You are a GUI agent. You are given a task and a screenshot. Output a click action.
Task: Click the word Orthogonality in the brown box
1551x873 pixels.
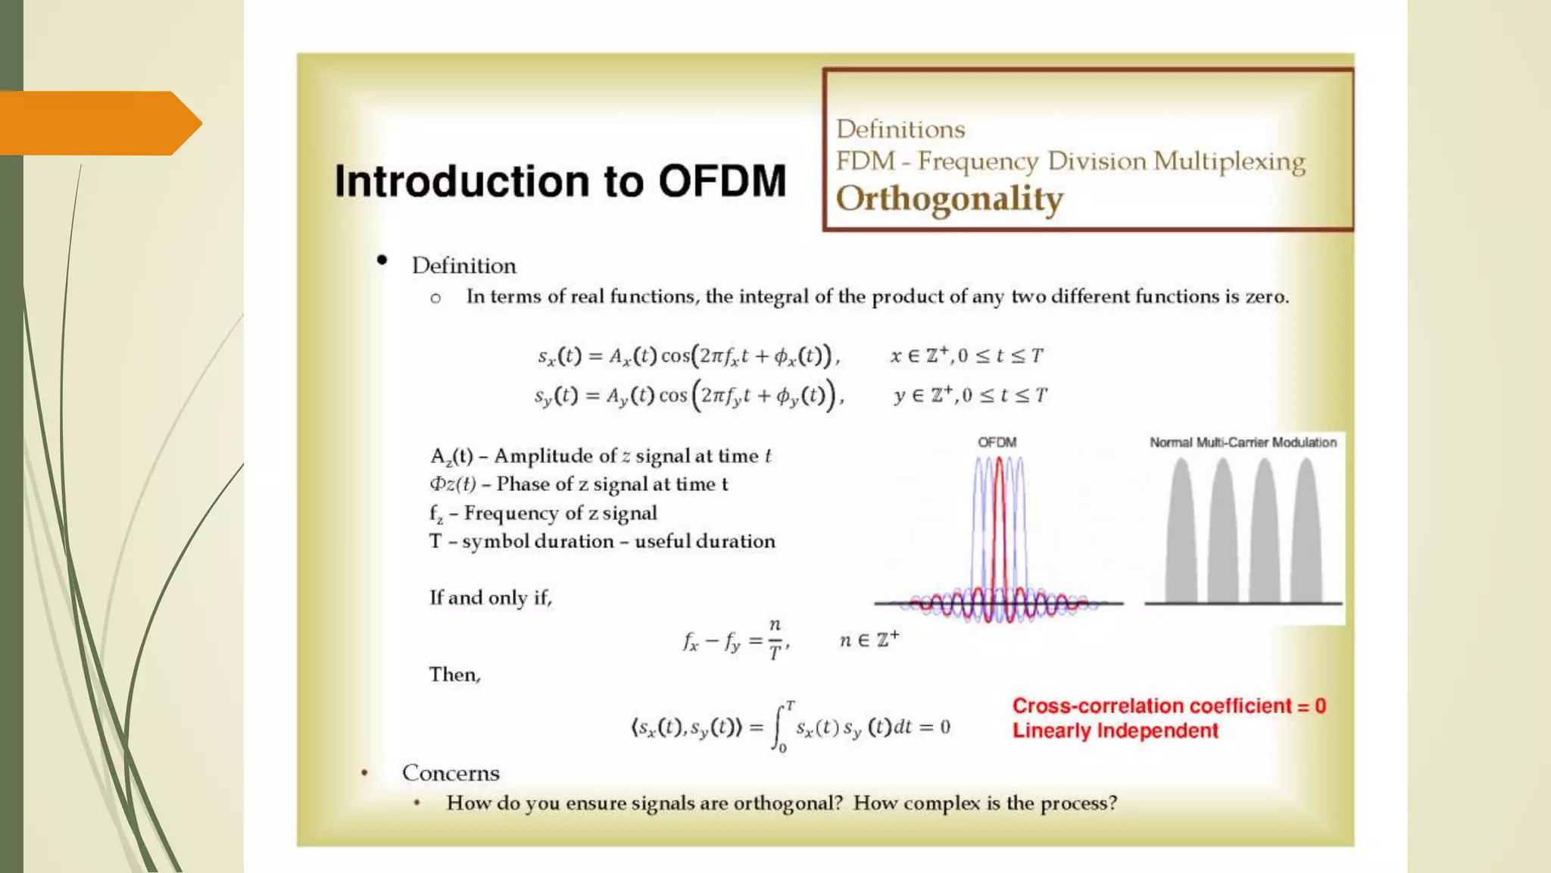[949, 199]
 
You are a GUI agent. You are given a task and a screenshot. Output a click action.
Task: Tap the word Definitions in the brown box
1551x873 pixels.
[900, 130]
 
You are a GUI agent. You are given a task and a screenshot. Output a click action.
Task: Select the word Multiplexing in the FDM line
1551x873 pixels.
[1229, 161]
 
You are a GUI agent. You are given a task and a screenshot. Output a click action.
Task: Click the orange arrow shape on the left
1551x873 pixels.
[98, 123]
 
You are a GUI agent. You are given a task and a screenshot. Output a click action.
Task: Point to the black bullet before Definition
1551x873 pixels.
[382, 261]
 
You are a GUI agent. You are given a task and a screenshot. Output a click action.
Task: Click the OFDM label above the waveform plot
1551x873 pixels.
[997, 443]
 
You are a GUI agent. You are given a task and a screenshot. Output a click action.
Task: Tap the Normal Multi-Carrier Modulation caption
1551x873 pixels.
[1243, 443]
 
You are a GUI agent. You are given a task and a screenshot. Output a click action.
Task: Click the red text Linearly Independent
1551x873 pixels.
[1115, 731]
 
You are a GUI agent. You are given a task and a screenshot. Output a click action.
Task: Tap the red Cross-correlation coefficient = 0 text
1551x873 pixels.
[1169, 706]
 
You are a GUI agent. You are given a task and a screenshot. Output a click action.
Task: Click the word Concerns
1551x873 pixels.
[451, 773]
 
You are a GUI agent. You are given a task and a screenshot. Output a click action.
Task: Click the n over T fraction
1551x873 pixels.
[775, 639]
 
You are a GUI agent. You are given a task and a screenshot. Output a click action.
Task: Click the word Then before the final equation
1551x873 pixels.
[454, 674]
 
